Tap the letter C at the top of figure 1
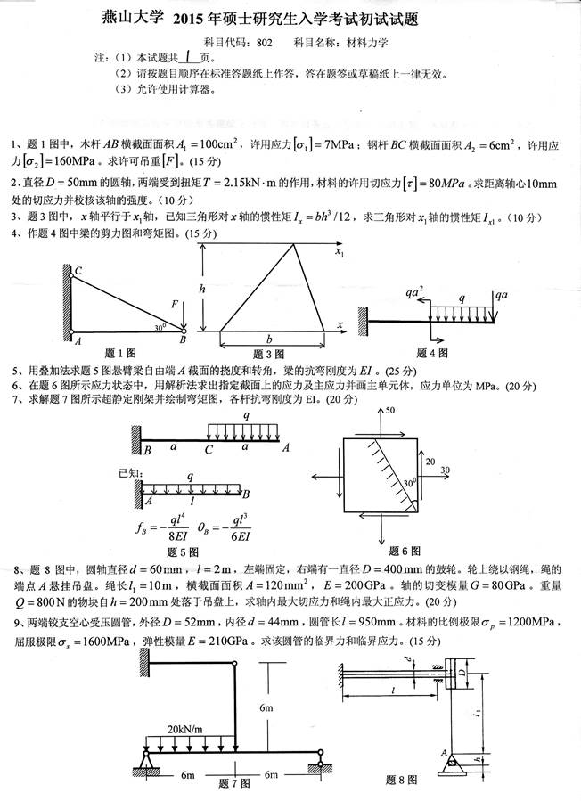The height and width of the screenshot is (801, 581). coord(78,271)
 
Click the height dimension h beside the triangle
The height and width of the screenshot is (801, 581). coord(203,288)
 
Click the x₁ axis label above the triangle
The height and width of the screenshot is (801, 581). coord(340,253)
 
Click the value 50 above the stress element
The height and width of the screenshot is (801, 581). coord(389,411)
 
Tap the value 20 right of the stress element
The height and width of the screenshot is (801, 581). coord(429,462)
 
